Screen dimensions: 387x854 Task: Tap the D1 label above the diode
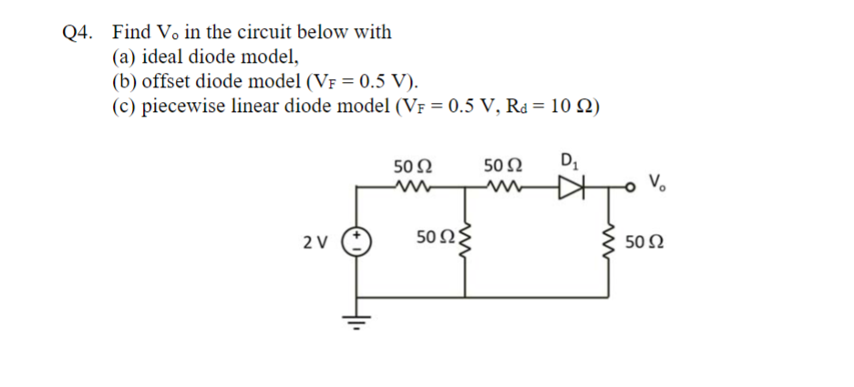(567, 164)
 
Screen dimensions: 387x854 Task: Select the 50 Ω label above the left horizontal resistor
(413, 168)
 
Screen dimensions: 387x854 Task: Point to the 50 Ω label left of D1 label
(502, 168)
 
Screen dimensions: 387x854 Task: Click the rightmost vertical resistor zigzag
(606, 241)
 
